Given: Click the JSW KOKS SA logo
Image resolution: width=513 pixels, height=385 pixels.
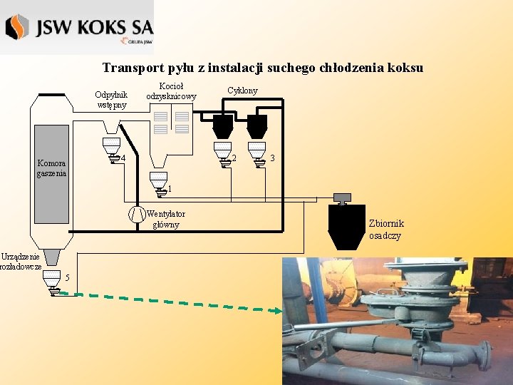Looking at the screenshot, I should point(78,28).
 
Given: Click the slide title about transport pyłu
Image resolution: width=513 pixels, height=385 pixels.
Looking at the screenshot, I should point(262,68).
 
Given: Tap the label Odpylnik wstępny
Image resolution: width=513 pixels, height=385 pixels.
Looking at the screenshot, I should point(111,100).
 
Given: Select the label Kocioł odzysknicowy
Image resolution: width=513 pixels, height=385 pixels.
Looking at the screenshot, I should point(171,91).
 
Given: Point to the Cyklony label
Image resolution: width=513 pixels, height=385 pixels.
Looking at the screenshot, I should point(242,91).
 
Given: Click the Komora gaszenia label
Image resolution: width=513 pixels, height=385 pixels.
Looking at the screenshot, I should point(52,168).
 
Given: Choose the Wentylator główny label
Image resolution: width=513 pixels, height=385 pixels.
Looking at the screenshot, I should point(166,219).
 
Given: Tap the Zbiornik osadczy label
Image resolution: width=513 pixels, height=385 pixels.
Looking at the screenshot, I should point(385,230).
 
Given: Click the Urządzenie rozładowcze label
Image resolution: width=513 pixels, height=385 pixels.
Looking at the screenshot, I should point(21,261).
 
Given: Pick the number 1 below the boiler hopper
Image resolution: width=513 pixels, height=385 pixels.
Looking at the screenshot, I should point(169,189).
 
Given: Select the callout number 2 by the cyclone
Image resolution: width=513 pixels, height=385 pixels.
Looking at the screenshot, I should point(234,158).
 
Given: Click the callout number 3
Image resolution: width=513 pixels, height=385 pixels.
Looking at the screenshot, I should point(272,158).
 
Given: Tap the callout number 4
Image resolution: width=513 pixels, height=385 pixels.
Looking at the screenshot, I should point(123,158).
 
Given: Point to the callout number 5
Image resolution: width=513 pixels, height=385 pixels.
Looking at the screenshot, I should point(66,277).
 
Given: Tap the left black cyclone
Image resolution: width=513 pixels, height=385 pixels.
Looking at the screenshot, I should point(222,127).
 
